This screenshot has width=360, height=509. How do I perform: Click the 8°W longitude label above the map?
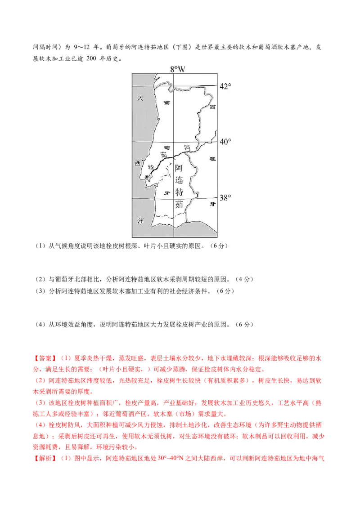(177, 69)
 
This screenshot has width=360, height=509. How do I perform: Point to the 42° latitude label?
(225, 86)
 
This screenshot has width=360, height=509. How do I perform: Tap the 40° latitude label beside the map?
(225, 142)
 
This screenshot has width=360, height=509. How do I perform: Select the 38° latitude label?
(225, 198)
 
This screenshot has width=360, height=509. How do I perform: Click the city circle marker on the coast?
(147, 177)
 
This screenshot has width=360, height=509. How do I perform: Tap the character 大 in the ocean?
(140, 98)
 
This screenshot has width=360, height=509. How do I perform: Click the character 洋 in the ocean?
(140, 221)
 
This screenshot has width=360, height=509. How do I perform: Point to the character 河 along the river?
(188, 147)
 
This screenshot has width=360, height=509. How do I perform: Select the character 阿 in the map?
(179, 168)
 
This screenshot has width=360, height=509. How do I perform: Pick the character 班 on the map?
(212, 159)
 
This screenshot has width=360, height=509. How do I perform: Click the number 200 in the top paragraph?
(92, 58)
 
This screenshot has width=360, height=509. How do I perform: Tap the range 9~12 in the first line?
(82, 47)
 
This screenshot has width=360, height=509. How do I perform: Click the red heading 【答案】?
(45, 358)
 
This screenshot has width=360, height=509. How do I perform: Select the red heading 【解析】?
(45, 458)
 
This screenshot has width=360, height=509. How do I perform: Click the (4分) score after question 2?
(244, 279)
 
